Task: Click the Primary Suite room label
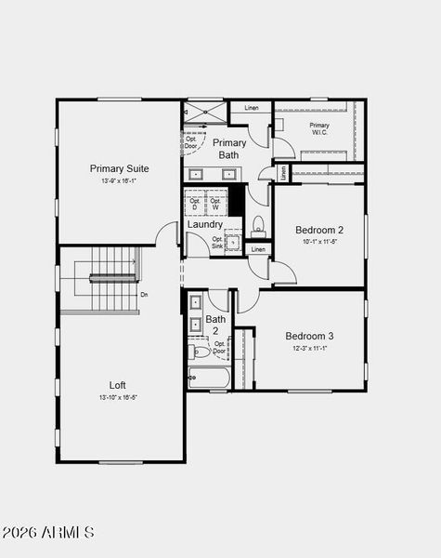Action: tap(119, 168)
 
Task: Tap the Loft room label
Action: tap(118, 384)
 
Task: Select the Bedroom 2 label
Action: tap(319, 230)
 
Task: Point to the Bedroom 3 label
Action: tap(309, 336)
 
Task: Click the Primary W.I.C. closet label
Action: tap(319, 129)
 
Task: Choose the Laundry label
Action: tap(204, 224)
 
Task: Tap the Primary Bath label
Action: tap(229, 149)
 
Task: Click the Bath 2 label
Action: tap(215, 325)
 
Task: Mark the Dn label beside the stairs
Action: tap(144, 295)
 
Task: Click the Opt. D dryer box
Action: tap(195, 202)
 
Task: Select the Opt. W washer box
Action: tap(215, 202)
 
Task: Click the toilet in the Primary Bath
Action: tap(259, 224)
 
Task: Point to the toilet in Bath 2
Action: tap(199, 352)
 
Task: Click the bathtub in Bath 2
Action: tap(209, 378)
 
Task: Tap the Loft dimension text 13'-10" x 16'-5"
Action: tap(118, 397)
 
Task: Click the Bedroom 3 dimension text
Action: tap(309, 348)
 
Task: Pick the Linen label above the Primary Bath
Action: tap(252, 108)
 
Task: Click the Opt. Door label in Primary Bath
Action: tap(190, 142)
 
